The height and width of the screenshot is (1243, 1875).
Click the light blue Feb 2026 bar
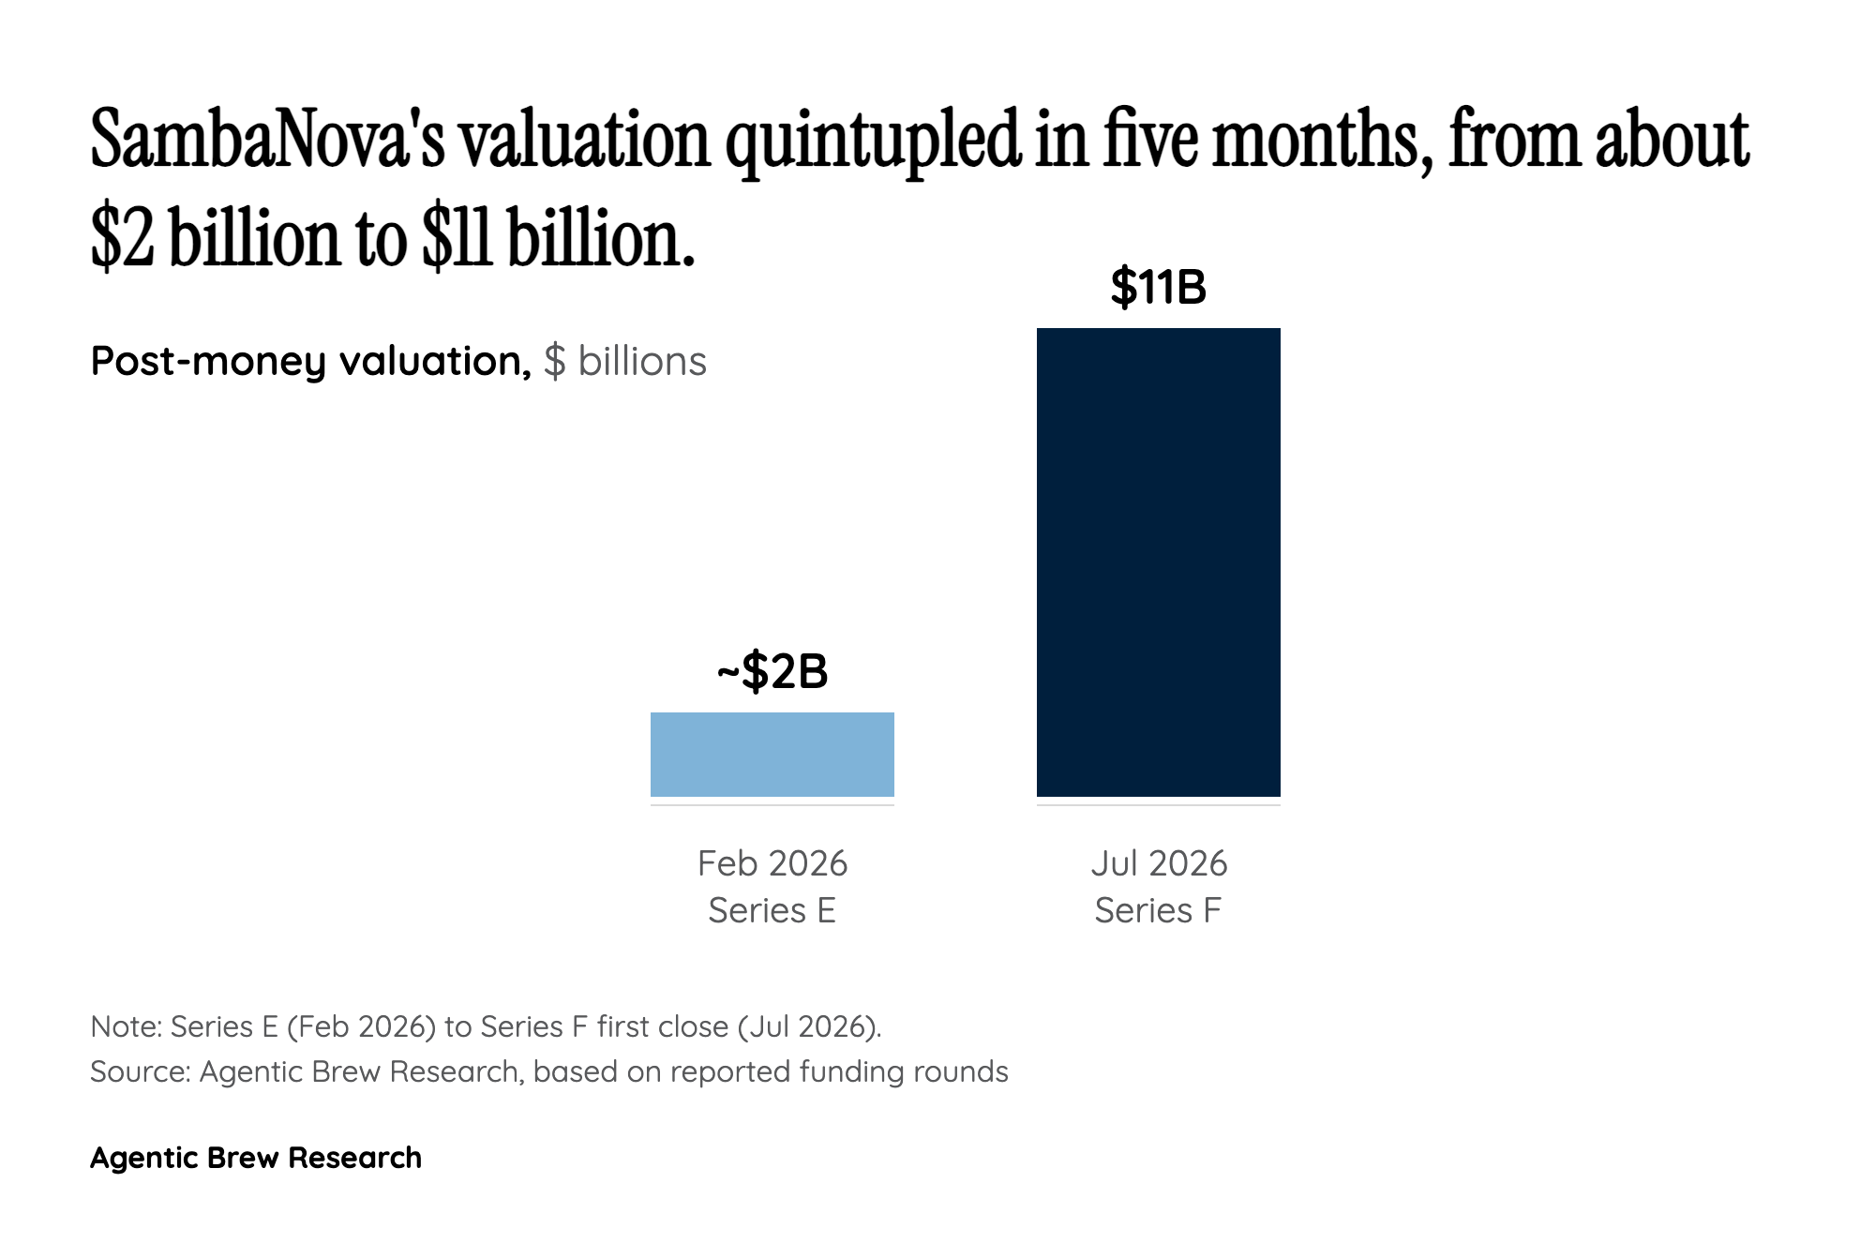pos(772,755)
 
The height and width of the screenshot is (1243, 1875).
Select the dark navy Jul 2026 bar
pos(1159,562)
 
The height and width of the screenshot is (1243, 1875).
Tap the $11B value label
pos(1159,287)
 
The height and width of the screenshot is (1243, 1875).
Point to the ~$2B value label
pos(772,671)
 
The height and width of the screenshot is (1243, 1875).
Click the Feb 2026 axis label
pos(772,863)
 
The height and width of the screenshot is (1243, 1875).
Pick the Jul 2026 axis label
pos(1159,863)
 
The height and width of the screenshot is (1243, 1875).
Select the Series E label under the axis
pos(772,910)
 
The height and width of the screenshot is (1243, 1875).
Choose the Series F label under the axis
pos(1159,910)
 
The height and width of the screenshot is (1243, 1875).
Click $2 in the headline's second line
pos(122,237)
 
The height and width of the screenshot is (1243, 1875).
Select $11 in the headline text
pos(457,237)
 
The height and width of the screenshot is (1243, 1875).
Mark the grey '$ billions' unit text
pos(625,362)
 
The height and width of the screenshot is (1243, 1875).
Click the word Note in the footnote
pos(126,1026)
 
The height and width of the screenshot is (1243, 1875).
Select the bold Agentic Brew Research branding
pos(256,1159)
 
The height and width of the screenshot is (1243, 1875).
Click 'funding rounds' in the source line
pos(904,1071)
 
